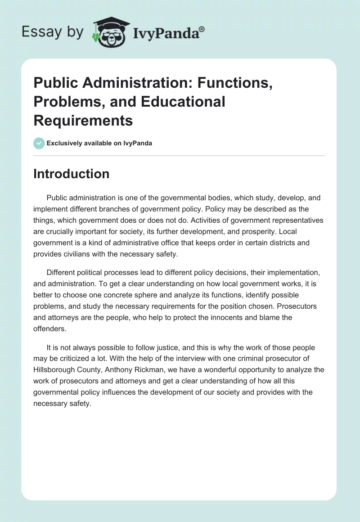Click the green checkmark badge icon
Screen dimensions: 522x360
click(39, 143)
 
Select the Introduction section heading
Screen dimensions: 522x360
click(71, 174)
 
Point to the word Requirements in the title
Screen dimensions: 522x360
click(83, 120)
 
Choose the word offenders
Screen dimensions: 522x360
click(49, 328)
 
